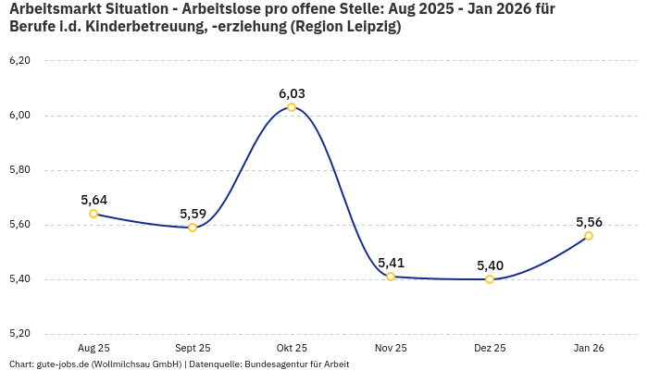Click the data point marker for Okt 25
pos(292,107)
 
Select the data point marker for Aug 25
pos(93,214)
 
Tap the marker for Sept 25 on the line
pos(193,228)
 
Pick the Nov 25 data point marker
pos(391,277)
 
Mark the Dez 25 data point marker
pos(490,279)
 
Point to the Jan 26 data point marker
pos(589,236)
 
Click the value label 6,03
pos(292,93)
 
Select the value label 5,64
pos(93,200)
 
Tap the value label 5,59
pos(193,214)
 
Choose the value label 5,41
pos(391,263)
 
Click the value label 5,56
pos(589,222)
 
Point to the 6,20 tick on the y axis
pos(19,61)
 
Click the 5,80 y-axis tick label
pos(19,170)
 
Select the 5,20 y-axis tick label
pos(19,334)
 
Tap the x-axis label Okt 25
pos(292,348)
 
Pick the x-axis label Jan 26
pos(589,348)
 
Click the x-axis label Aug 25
pos(93,348)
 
